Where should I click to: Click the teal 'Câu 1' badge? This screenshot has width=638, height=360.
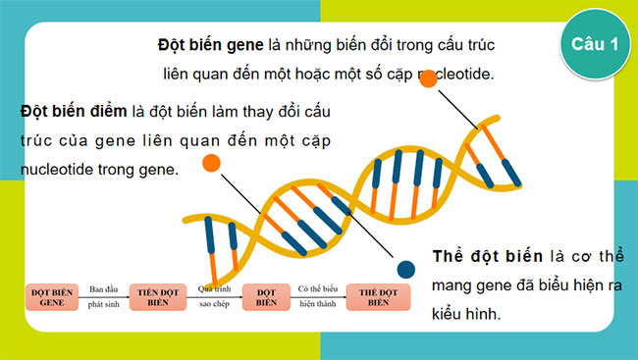[593, 44]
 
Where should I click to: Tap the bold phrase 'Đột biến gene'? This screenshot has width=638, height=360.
[210, 45]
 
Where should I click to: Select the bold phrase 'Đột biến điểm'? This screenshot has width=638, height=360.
[71, 110]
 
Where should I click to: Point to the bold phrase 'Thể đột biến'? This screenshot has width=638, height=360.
[487, 256]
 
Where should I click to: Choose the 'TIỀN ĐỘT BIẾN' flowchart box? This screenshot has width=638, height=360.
[158, 297]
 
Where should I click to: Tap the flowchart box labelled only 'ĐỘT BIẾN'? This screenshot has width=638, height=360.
[267, 297]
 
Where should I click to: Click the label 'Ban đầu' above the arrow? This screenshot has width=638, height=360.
[103, 288]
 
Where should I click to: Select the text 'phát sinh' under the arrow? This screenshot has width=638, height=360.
[103, 306]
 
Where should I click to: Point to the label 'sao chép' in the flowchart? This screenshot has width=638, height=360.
[213, 306]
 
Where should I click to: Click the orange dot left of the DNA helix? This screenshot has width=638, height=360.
[211, 164]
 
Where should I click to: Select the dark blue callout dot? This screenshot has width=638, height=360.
[405, 269]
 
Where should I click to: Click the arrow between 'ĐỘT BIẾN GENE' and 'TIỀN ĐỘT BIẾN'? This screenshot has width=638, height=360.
[103, 297]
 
